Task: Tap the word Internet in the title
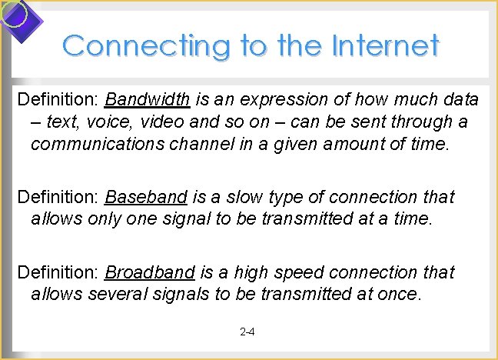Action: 385,45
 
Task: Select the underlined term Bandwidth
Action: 148,100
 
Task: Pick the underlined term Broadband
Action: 150,273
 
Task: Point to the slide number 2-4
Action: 247,333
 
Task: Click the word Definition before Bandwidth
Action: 58,100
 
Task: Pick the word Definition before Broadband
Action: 58,273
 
